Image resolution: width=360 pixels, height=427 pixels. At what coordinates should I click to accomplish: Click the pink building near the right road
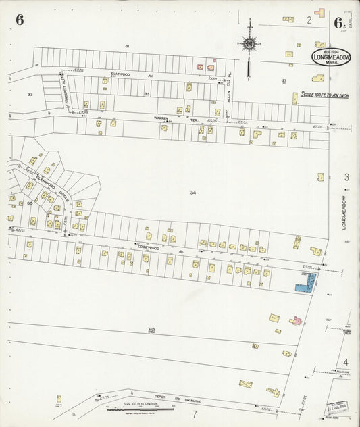[x=295, y=320]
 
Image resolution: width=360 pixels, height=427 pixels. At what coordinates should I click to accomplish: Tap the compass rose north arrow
[x=249, y=43]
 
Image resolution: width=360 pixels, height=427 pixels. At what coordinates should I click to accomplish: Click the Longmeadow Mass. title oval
[x=331, y=57]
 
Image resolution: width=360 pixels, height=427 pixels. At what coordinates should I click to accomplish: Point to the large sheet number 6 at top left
[x=20, y=20]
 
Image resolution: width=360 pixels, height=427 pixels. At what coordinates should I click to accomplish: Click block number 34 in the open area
[x=193, y=193]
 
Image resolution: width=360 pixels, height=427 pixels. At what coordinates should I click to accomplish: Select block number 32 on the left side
[x=30, y=94]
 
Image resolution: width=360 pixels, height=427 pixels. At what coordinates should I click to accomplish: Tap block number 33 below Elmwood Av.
[x=147, y=94]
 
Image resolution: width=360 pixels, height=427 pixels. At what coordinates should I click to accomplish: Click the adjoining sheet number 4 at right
[x=345, y=362]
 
